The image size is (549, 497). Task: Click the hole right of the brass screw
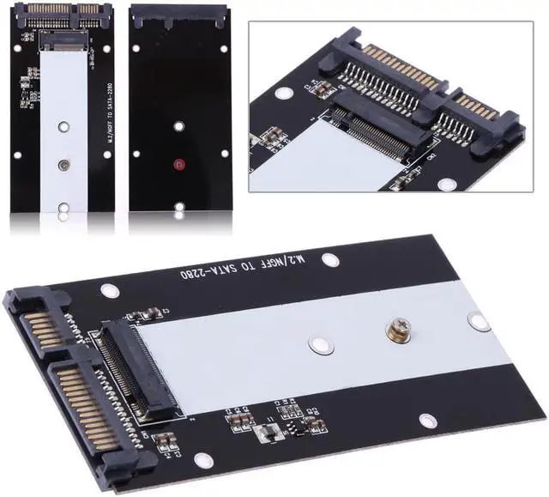[x=478, y=321]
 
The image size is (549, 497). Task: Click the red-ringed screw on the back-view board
[x=178, y=164]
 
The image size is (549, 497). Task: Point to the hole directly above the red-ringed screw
[x=178, y=126]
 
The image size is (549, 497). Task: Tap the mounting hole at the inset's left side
[x=284, y=94]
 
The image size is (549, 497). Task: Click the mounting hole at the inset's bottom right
[x=446, y=182]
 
